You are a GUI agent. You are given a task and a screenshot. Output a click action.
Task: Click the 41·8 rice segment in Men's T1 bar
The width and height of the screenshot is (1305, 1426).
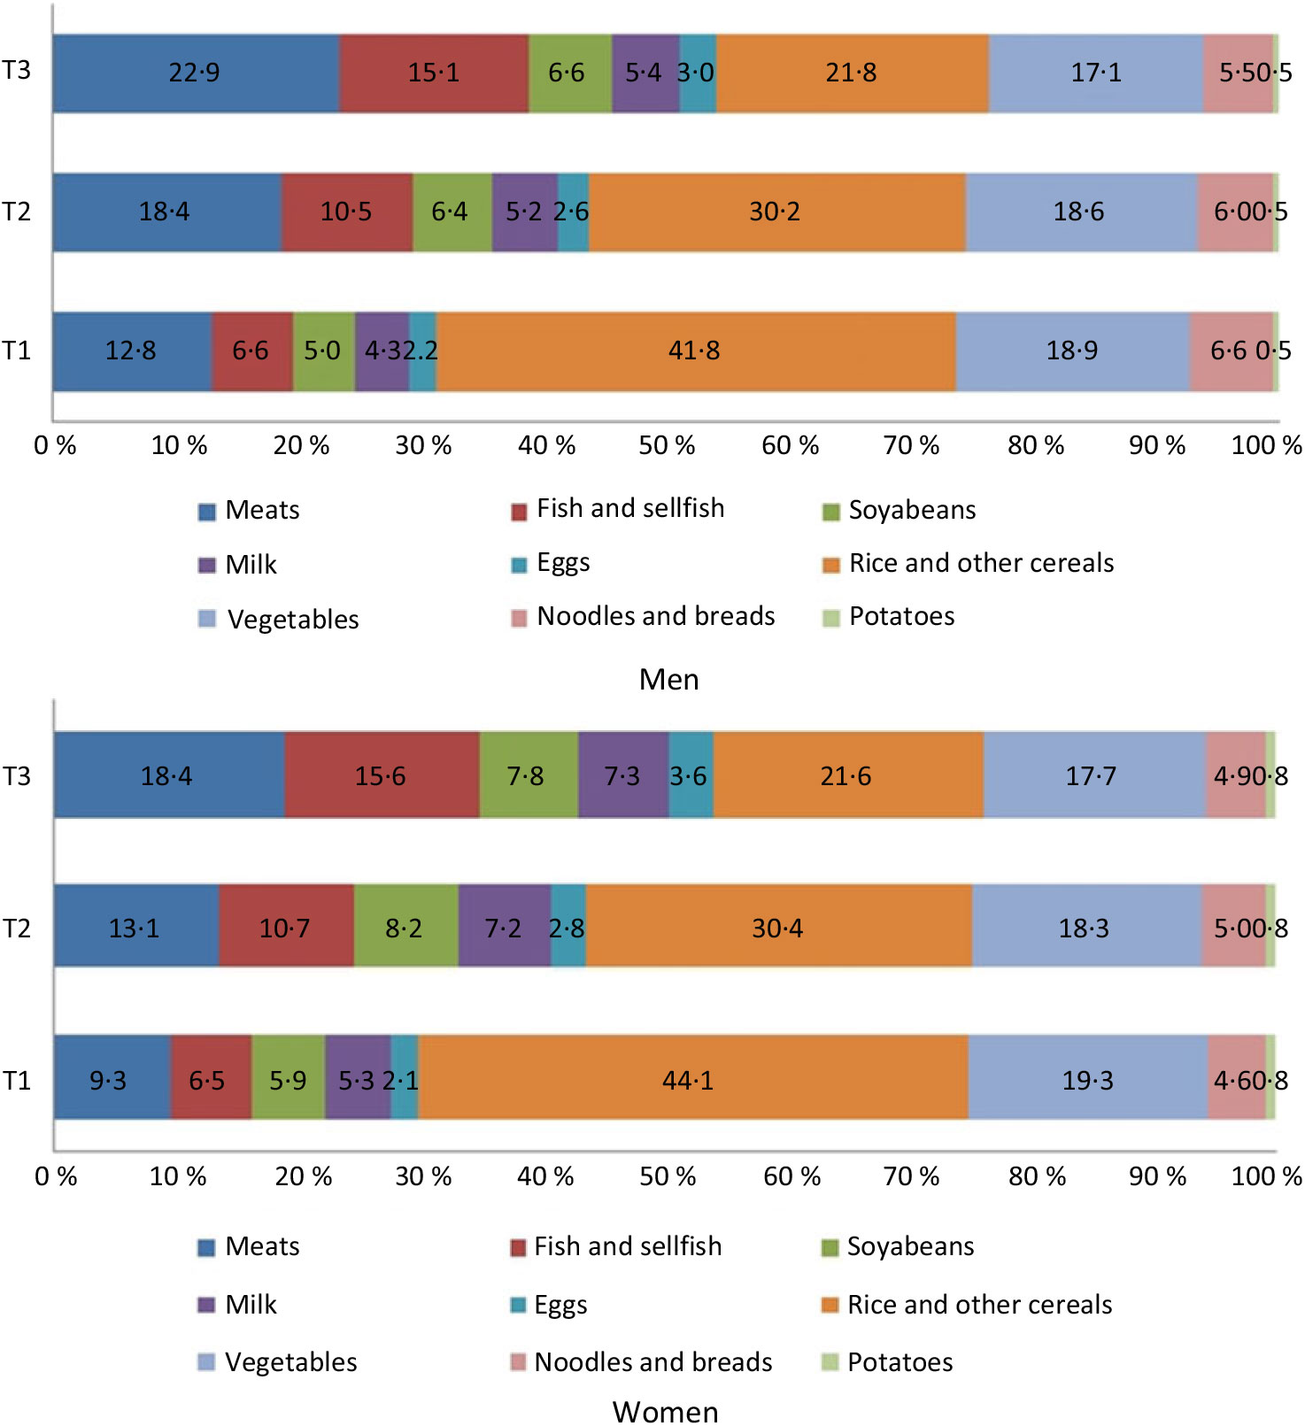pyautogui.click(x=695, y=351)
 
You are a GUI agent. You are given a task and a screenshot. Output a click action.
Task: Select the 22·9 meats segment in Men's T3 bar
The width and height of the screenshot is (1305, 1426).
pyautogui.click(x=195, y=73)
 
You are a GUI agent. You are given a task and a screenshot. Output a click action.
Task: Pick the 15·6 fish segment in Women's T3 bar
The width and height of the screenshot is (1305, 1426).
pyautogui.click(x=381, y=775)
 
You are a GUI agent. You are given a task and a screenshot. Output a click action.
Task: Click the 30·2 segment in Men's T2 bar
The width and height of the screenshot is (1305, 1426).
pyautogui.click(x=776, y=212)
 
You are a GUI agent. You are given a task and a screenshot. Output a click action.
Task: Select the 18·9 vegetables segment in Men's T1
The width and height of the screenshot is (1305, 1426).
pyautogui.click(x=1071, y=351)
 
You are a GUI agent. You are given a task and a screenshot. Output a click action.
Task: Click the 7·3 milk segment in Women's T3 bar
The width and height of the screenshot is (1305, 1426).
pyautogui.click(x=622, y=775)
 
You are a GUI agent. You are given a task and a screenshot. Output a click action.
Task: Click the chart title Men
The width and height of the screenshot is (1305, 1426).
pyautogui.click(x=668, y=679)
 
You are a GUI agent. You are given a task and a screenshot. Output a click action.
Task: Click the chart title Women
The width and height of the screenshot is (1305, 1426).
pyautogui.click(x=665, y=1411)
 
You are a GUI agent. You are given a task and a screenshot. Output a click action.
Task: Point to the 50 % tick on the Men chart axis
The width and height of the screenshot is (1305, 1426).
pyautogui.click(x=667, y=445)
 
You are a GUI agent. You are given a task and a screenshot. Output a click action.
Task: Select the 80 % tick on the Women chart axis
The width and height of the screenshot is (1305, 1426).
pyautogui.click(x=1037, y=1176)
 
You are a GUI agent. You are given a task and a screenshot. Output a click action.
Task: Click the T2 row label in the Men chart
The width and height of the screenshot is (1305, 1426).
pyautogui.click(x=17, y=212)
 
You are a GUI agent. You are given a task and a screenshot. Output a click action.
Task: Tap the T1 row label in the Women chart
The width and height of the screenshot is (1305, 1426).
pyautogui.click(x=17, y=1080)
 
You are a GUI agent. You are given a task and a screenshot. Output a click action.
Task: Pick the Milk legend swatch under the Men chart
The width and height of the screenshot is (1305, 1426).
pyautogui.click(x=207, y=566)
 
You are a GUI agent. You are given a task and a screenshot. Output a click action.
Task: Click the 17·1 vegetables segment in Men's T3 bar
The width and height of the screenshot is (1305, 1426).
pyautogui.click(x=1095, y=73)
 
